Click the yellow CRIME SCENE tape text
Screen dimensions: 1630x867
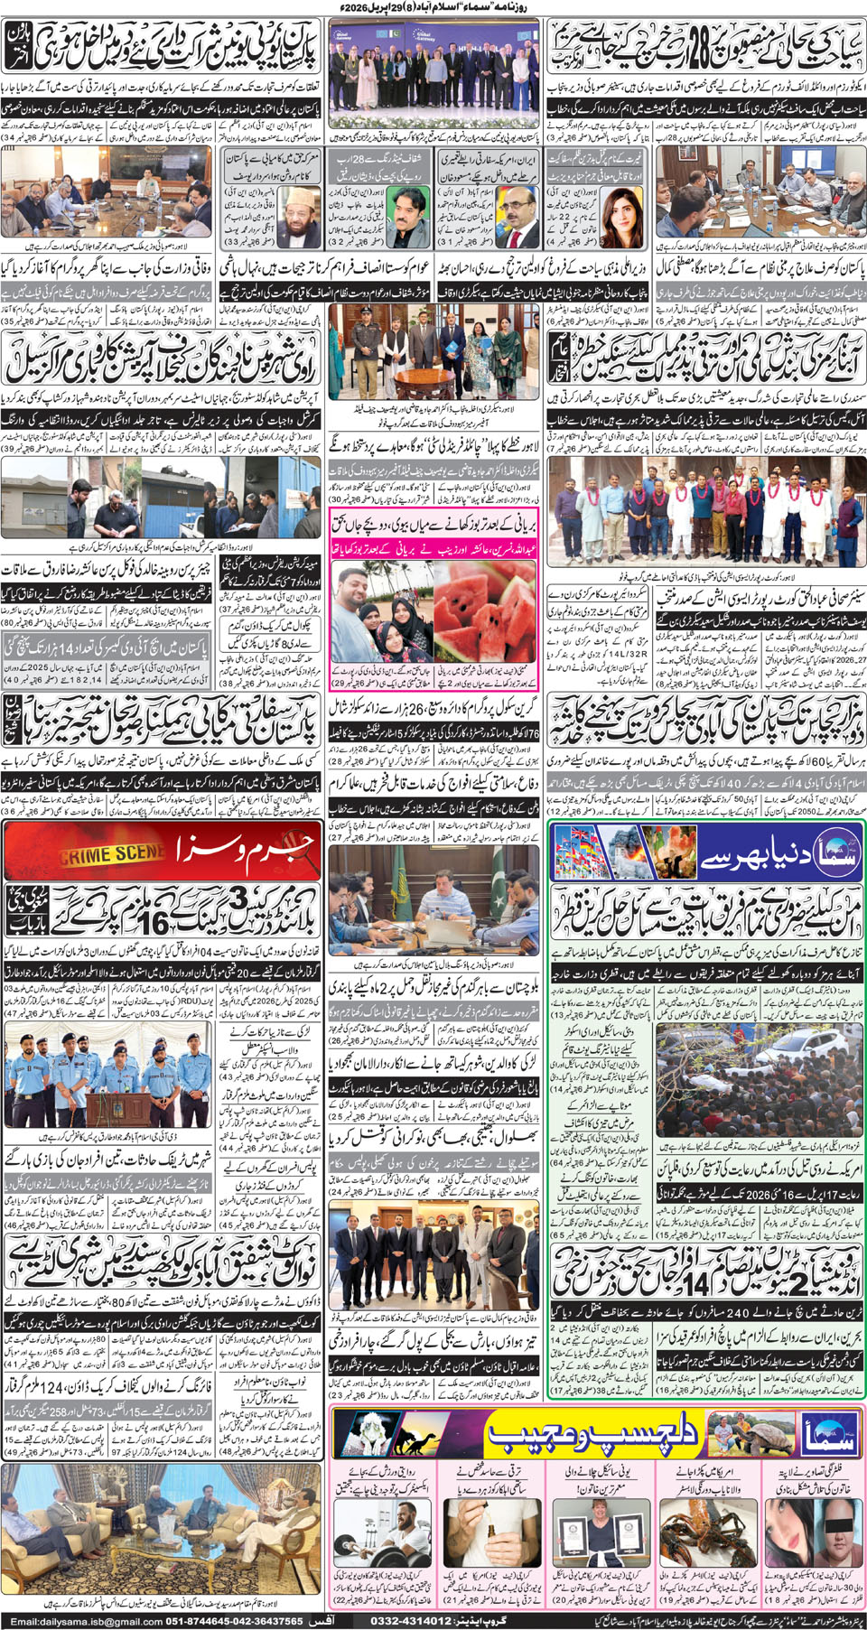tap(112, 853)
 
